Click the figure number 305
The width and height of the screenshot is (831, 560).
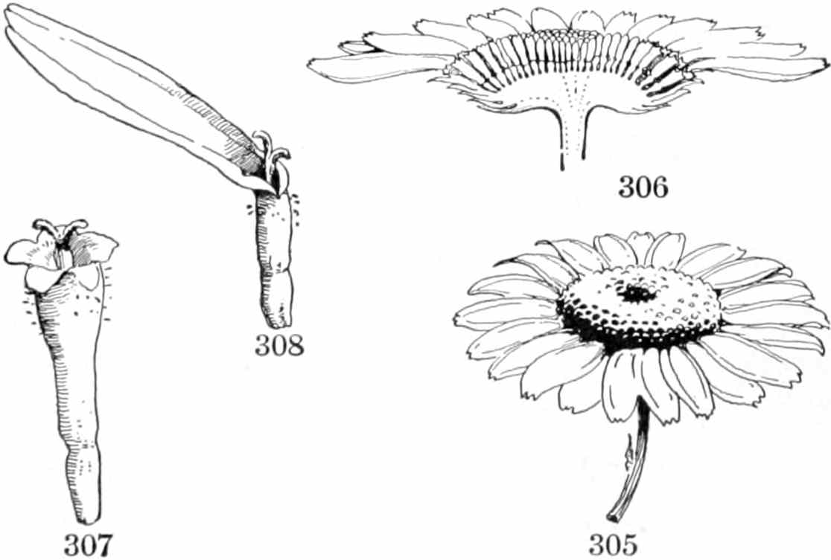click(613, 544)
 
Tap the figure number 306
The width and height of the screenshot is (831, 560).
click(643, 187)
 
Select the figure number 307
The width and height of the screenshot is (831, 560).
click(89, 544)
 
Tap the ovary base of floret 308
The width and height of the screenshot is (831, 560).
click(275, 260)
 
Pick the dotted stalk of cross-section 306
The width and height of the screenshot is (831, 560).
click(572, 138)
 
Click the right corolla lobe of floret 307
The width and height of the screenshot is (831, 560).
click(96, 245)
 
